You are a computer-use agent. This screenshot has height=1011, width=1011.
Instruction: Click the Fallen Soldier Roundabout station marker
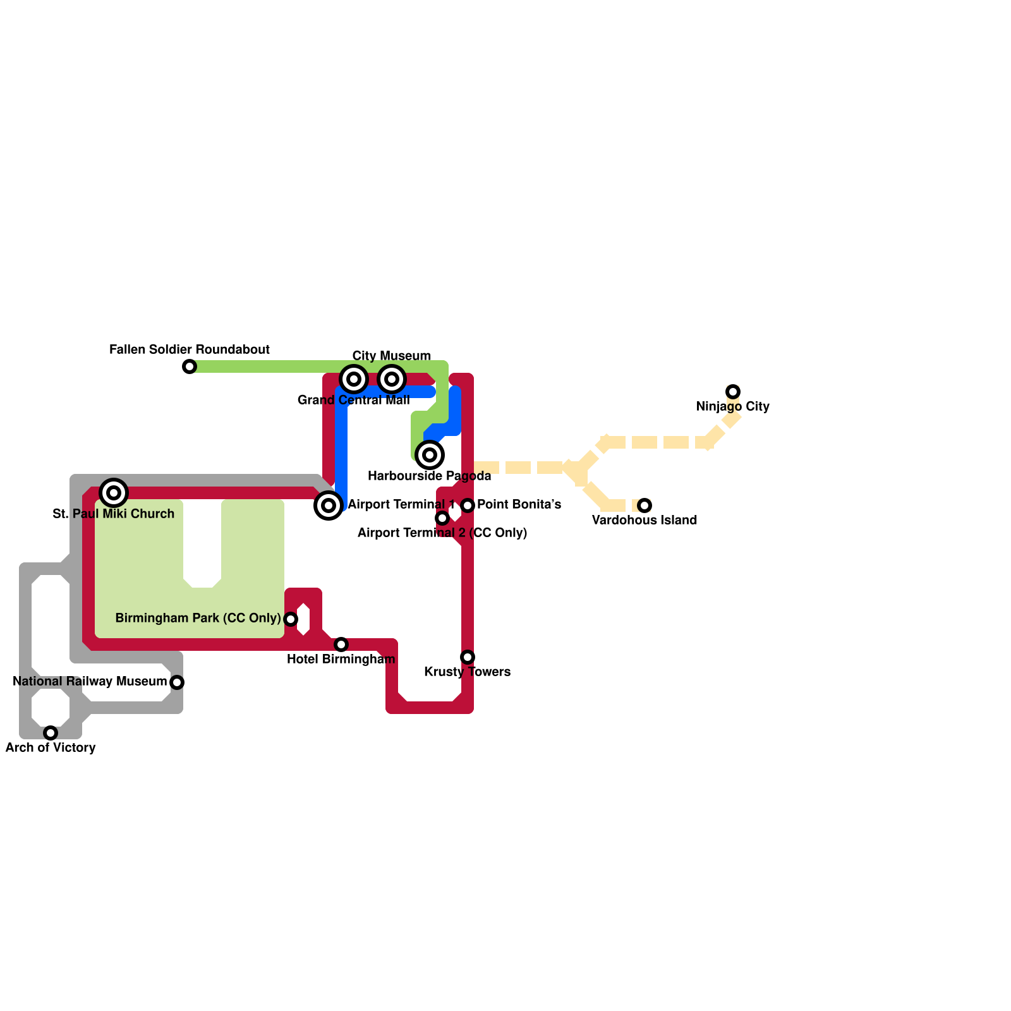pos(190,366)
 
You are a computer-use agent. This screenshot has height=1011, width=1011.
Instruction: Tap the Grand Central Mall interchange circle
pos(354,379)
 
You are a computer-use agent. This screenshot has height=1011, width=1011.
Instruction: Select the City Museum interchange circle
pos(392,379)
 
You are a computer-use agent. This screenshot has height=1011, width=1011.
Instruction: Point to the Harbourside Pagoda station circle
pos(430,455)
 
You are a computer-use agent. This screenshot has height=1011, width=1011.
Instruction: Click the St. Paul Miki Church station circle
pos(114,493)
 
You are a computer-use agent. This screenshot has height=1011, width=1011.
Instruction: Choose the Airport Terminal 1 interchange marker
pos(329,505)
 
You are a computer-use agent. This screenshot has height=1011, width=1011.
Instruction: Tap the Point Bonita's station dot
pos(468,505)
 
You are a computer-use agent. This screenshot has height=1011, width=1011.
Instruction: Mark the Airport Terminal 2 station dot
pos(442,518)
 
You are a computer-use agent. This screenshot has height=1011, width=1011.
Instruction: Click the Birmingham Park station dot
pos(291,619)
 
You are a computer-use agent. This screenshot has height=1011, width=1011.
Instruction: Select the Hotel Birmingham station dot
pos(341,645)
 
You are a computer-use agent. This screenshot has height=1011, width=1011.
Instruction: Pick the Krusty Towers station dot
pos(468,657)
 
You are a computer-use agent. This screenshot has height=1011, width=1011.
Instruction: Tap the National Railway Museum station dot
pos(177,682)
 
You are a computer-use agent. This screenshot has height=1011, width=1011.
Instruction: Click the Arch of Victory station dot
pos(51,733)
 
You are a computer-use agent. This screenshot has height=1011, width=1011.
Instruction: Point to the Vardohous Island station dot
pos(645,505)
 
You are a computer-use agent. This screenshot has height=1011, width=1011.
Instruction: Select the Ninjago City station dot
pos(733,392)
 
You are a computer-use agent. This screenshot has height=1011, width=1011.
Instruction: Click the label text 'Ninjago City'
pos(733,406)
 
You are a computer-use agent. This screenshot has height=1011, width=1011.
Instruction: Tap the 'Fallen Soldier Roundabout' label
pos(190,349)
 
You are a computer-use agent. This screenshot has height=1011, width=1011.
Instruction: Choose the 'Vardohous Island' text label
pos(645,520)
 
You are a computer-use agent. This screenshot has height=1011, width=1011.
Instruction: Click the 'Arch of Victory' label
pos(51,748)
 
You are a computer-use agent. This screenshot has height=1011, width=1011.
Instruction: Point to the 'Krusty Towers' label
pos(468,672)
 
